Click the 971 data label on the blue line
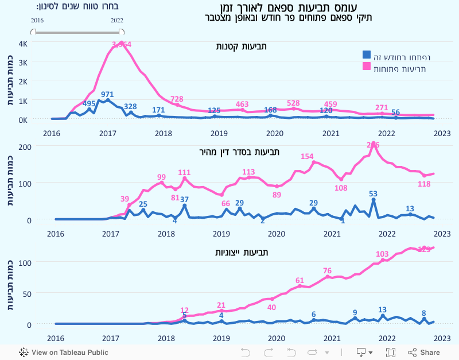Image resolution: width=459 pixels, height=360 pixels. (x=107, y=94)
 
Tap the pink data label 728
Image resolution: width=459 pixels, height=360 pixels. (x=177, y=99)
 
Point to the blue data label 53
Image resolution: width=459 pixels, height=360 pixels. (x=374, y=193)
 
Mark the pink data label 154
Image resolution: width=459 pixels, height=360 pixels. (x=307, y=156)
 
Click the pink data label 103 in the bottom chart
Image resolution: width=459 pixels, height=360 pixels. (x=382, y=254)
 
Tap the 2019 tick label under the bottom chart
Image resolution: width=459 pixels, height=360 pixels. (x=221, y=338)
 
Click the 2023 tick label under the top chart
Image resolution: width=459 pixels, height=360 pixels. (x=442, y=133)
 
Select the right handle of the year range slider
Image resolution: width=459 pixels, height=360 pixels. (x=122, y=32)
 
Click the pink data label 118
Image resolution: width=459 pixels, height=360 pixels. (x=424, y=184)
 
